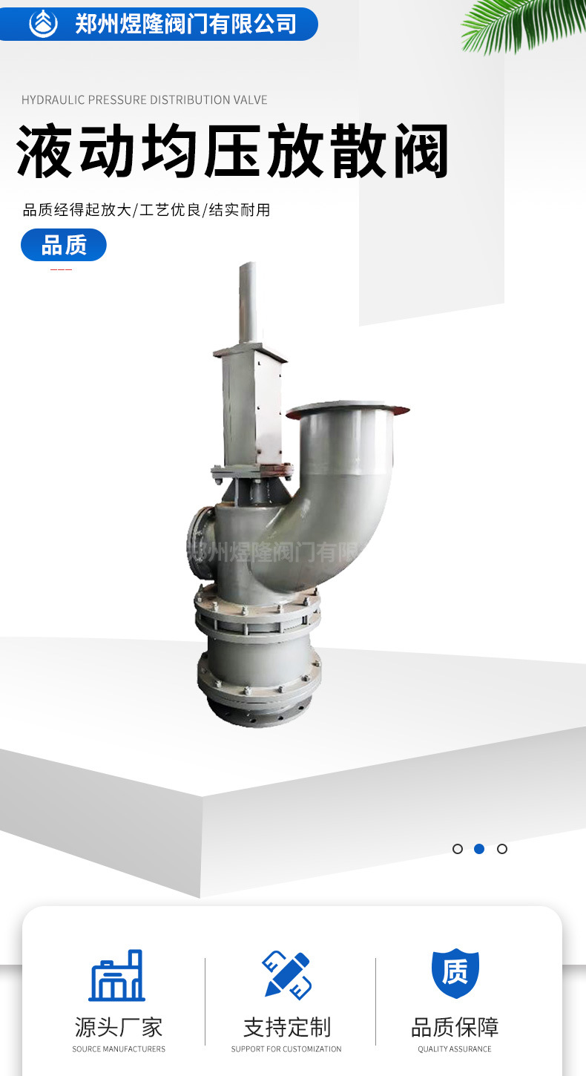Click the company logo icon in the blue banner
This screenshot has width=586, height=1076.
[x=43, y=24]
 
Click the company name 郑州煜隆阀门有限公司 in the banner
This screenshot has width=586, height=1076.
[x=186, y=24]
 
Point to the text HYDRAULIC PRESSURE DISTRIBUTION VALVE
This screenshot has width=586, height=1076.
[x=144, y=100]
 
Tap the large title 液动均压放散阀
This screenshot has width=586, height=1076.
[x=232, y=151]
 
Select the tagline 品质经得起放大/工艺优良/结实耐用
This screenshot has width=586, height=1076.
[x=147, y=210]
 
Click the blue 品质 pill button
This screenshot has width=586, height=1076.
[x=63, y=245]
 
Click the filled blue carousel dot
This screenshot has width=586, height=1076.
[x=479, y=849]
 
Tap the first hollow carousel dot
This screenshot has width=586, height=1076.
[x=458, y=849]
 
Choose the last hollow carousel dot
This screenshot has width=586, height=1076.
[x=502, y=849]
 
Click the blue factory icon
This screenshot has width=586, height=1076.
[x=116, y=975]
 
